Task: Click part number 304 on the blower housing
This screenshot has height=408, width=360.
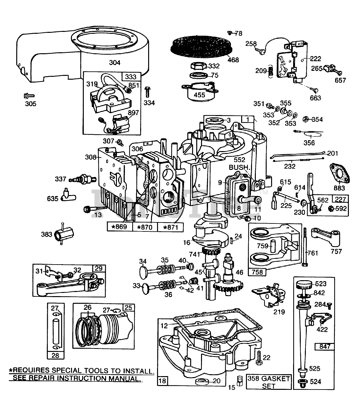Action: [x=115, y=62]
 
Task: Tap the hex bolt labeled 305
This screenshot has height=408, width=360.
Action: [x=26, y=95]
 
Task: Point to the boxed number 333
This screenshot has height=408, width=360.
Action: [x=131, y=77]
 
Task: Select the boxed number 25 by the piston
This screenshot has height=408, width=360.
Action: [x=128, y=308]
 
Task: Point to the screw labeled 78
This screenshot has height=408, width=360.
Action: [x=230, y=33]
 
